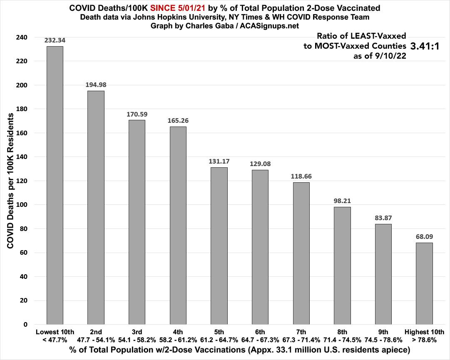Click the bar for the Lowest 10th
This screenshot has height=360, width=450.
(x=55, y=185)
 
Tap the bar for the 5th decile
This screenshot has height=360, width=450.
(x=219, y=246)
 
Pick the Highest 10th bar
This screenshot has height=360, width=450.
(x=424, y=283)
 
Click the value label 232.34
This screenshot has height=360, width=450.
(x=55, y=40)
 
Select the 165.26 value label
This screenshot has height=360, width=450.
(x=178, y=121)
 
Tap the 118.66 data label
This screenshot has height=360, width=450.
(x=301, y=176)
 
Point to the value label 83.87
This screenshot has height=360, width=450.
(x=383, y=218)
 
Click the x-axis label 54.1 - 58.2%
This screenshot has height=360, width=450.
(x=137, y=339)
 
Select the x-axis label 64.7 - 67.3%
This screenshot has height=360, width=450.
(x=260, y=339)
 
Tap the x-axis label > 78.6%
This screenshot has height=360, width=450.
(x=424, y=339)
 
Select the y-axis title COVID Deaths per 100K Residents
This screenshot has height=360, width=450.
(x=11, y=182)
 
